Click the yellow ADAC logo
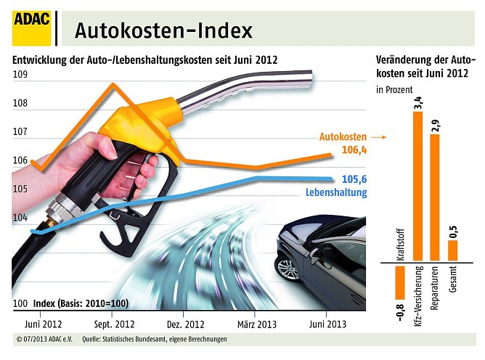click(x=31, y=28)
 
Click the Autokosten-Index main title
click(x=164, y=30)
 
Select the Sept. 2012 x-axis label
click(x=115, y=324)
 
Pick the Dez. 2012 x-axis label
click(x=187, y=324)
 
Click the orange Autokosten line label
click(x=343, y=136)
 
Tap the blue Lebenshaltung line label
click(x=333, y=192)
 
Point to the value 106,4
click(x=354, y=150)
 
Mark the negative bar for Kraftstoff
click(x=399, y=282)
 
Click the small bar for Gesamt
click(x=453, y=250)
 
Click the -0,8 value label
click(x=399, y=313)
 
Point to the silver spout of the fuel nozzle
click(x=247, y=89)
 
